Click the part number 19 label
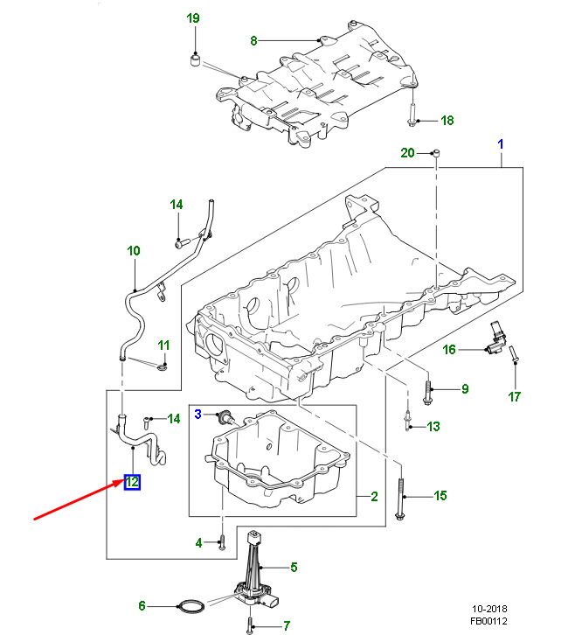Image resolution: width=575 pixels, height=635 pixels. click(x=193, y=18)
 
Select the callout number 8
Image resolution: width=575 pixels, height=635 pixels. click(x=254, y=40)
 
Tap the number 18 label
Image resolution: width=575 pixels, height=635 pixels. click(x=447, y=121)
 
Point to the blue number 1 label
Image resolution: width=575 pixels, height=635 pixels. click(x=501, y=143)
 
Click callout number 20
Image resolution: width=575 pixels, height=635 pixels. click(x=407, y=153)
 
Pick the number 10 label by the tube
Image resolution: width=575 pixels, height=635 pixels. click(x=133, y=251)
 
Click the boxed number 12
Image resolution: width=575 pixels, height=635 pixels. click(x=133, y=482)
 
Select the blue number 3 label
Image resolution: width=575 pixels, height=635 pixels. click(x=198, y=413)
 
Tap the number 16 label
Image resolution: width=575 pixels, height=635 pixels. click(x=448, y=350)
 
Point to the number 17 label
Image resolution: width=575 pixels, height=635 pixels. click(x=514, y=397)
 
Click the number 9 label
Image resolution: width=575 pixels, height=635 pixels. click(x=465, y=389)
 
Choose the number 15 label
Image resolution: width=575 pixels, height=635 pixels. click(x=440, y=496)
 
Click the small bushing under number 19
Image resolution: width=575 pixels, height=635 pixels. click(x=196, y=60)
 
